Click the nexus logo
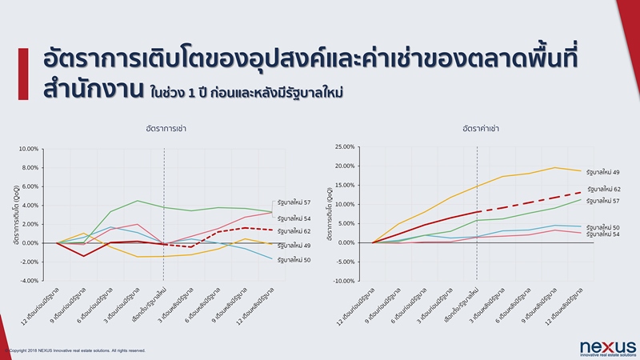[x=608, y=346]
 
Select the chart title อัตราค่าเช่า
[x=478, y=128]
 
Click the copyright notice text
[x=76, y=350]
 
